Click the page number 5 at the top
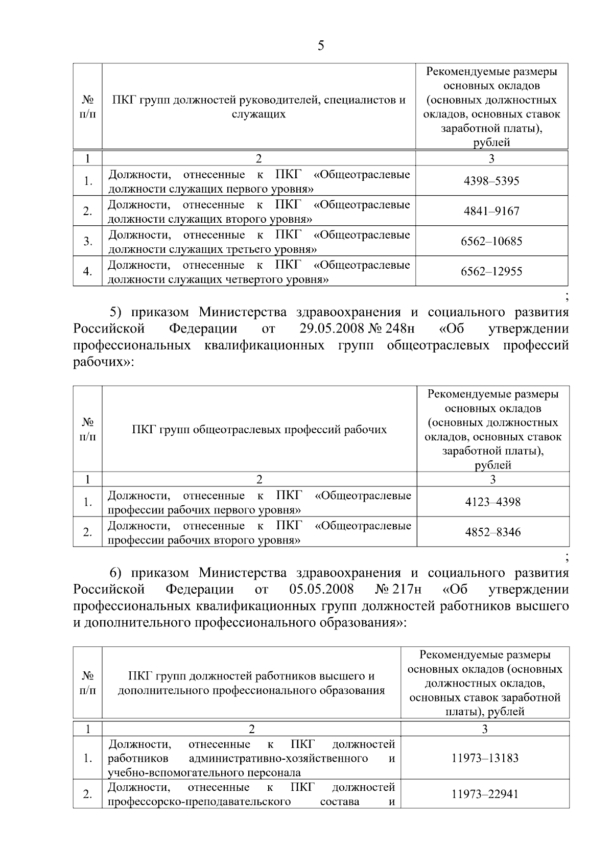click(320, 46)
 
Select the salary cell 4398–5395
click(491, 181)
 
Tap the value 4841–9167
click(491, 211)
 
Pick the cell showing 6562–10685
click(491, 241)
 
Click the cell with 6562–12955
click(491, 271)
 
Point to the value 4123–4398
click(492, 502)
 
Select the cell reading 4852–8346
click(492, 532)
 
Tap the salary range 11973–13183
click(485, 758)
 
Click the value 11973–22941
click(485, 794)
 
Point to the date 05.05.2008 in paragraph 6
click(321, 589)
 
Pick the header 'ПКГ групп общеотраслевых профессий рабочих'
click(259, 429)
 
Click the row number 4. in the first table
click(88, 271)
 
